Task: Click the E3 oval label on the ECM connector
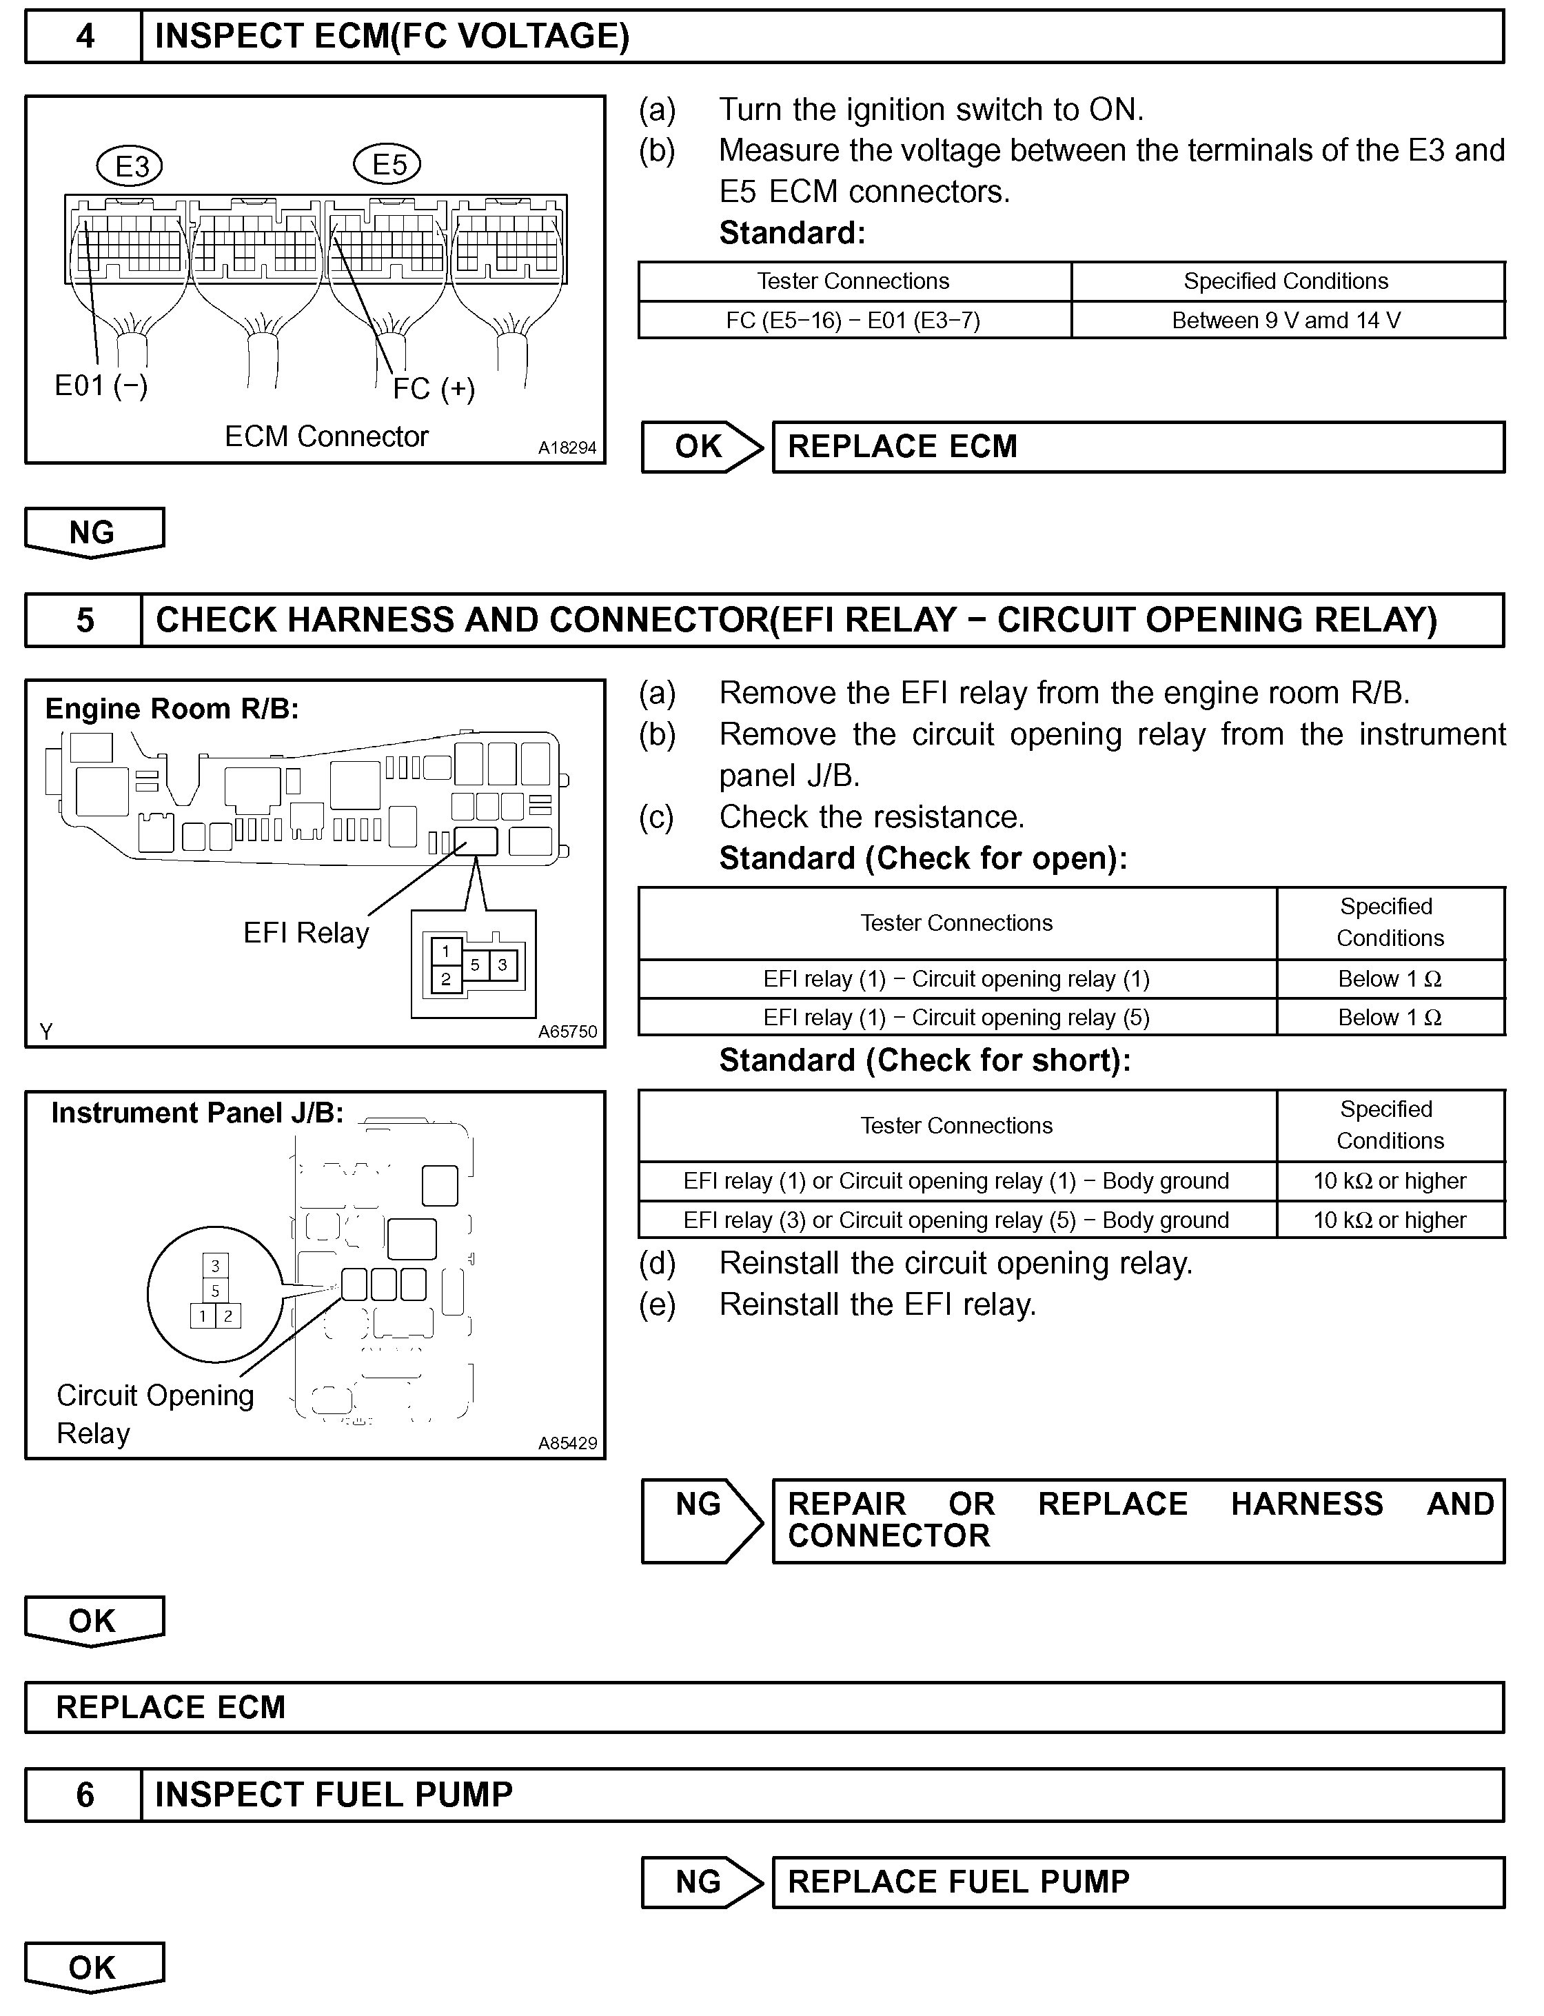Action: click(x=130, y=166)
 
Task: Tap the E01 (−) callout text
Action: click(x=101, y=385)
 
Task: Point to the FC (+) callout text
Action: click(x=434, y=389)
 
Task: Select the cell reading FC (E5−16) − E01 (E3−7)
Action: click(x=854, y=320)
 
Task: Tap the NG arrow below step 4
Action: click(x=93, y=532)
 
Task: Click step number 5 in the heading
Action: click(x=85, y=620)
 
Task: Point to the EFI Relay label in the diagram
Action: click(x=306, y=933)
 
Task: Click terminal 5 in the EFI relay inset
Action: click(x=475, y=965)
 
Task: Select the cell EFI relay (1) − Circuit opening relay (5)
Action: click(x=956, y=1018)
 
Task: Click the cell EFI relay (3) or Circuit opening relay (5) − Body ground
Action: click(x=956, y=1220)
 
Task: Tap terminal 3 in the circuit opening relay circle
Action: click(x=215, y=1266)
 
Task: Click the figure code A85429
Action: click(x=567, y=1443)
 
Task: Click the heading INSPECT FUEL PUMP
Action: click(x=334, y=1795)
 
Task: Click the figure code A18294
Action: click(x=567, y=447)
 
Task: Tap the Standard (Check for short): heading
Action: click(x=924, y=1061)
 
